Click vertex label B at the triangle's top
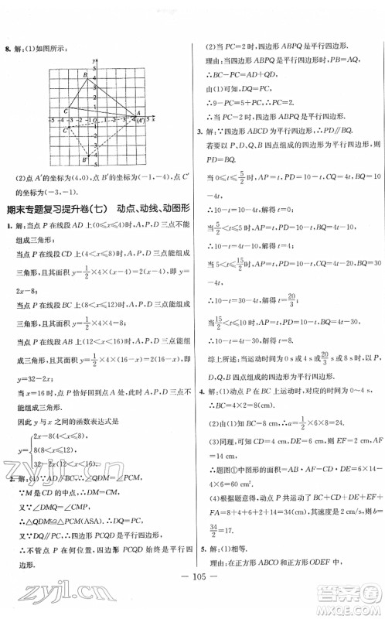coord(85,74)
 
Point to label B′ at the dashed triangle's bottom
coord(85,160)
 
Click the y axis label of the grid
coord(92,60)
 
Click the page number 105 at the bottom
coord(192,580)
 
